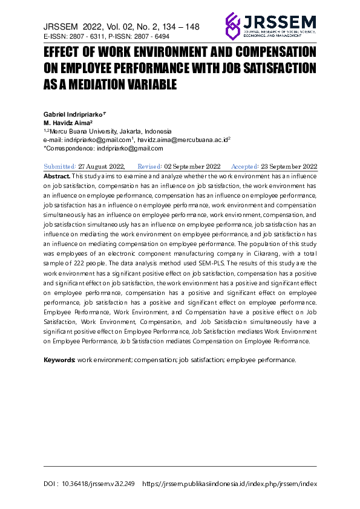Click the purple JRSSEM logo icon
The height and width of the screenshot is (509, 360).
coord(233,25)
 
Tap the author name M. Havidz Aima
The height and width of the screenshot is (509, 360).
coord(71,122)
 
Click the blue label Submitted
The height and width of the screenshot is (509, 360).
coord(59,166)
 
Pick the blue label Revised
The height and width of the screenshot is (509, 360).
coord(149,166)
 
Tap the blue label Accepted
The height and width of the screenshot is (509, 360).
coord(244,166)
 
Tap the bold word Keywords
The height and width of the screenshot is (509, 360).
coord(59,360)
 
